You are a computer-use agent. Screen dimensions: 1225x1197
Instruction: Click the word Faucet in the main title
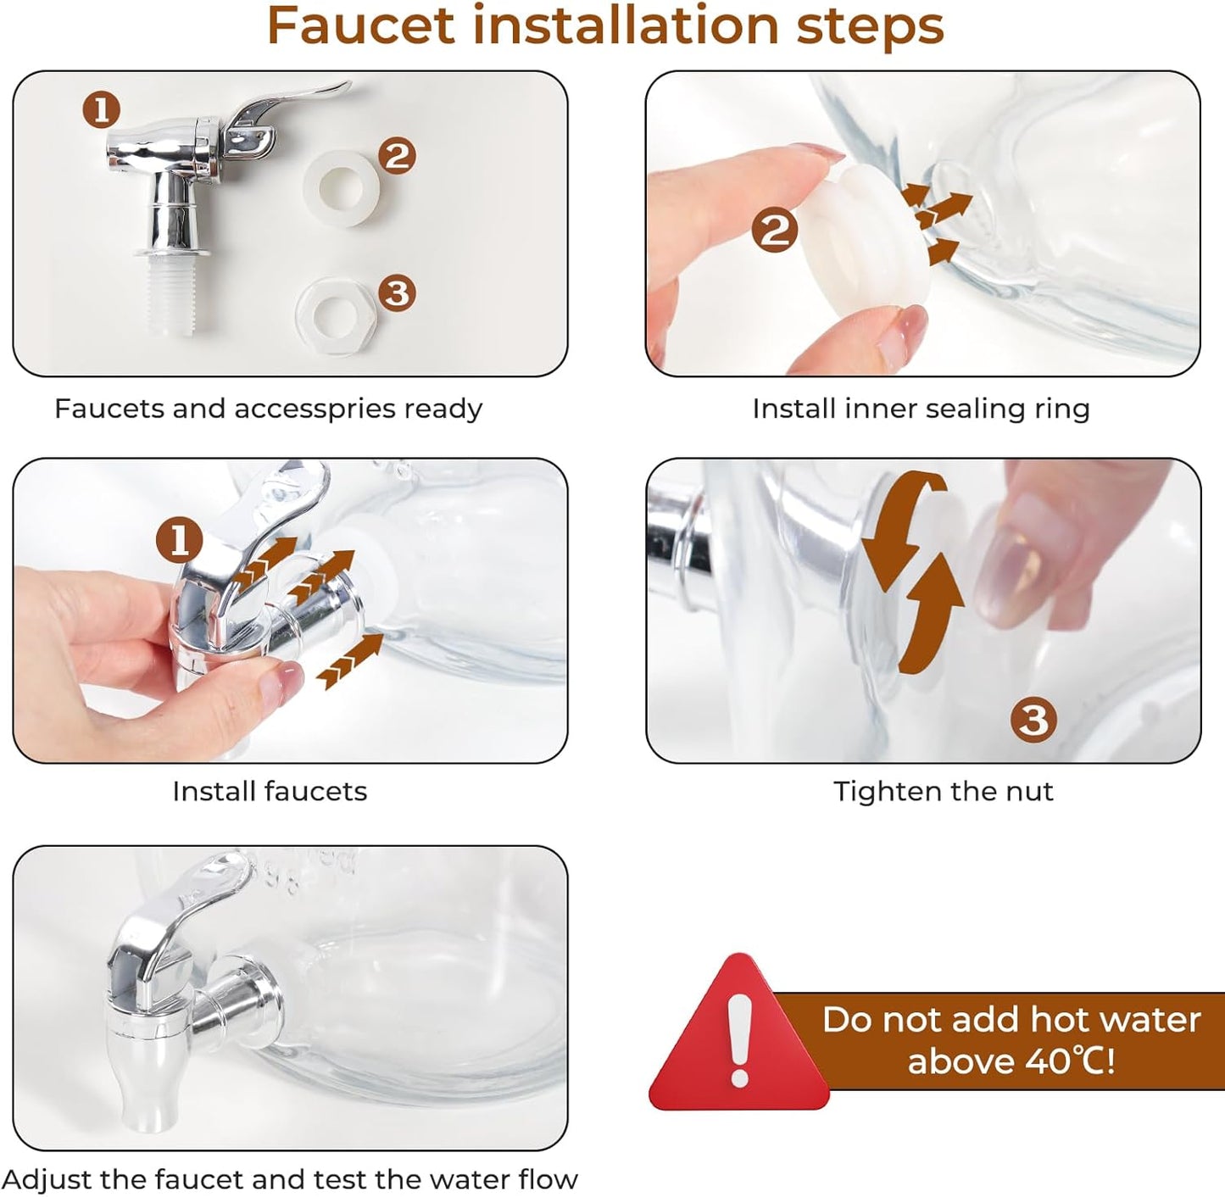click(x=360, y=26)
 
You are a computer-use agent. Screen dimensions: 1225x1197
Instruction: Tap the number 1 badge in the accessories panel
click(x=102, y=110)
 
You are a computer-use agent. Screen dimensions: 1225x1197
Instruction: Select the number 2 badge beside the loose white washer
click(x=397, y=156)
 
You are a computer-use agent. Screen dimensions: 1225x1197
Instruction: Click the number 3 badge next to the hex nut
click(x=397, y=292)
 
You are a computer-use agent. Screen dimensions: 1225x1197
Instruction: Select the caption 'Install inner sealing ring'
click(x=921, y=409)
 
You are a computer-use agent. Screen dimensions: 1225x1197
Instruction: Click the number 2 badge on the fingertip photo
click(x=774, y=231)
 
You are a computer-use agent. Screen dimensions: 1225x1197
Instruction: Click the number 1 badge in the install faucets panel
click(x=180, y=541)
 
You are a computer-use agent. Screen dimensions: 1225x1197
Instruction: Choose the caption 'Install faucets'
click(x=270, y=792)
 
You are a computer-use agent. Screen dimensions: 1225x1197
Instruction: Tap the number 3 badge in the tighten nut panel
click(x=1033, y=720)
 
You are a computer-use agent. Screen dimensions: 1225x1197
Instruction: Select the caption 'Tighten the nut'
click(x=943, y=792)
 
